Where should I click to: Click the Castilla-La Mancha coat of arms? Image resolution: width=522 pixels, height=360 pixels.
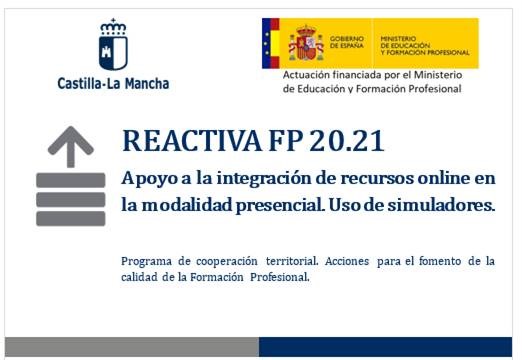tap(112, 45)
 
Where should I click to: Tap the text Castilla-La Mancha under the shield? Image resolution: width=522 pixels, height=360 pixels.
tap(113, 83)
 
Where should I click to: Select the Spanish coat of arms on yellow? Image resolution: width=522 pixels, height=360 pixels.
tap(306, 43)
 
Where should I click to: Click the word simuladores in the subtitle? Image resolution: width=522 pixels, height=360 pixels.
tap(445, 206)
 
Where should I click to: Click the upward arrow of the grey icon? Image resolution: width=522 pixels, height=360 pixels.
tap(70, 147)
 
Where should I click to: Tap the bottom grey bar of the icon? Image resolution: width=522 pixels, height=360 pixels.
tap(70, 218)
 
